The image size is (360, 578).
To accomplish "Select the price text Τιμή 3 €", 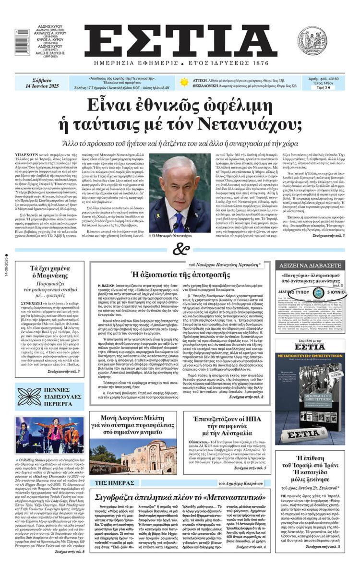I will (x=326, y=88).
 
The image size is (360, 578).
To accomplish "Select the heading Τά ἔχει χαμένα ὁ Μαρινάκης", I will (x=47, y=272).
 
